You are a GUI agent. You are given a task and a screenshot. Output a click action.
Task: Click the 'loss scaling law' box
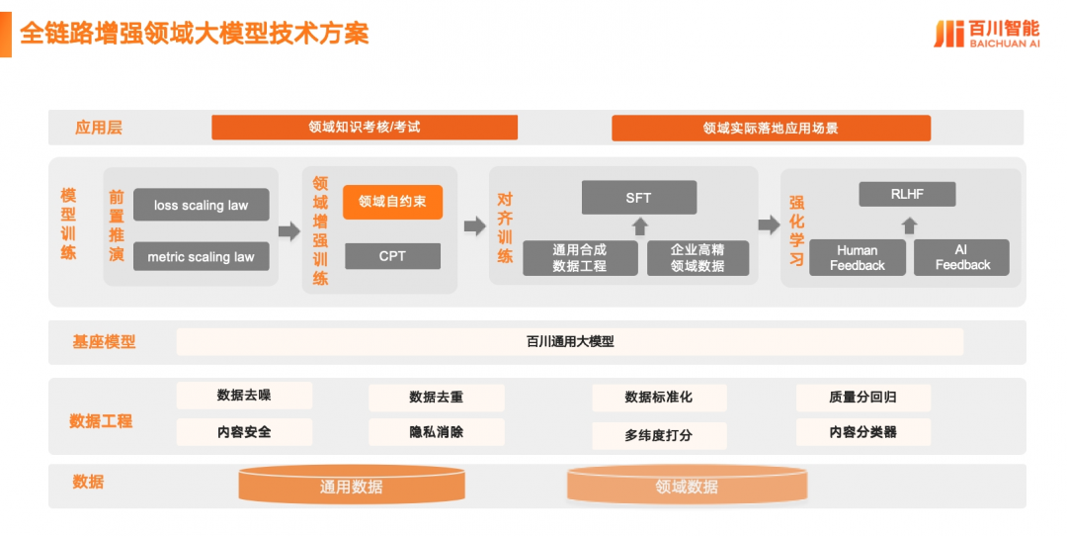[x=201, y=205]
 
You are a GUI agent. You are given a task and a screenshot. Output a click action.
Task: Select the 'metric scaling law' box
[x=201, y=256]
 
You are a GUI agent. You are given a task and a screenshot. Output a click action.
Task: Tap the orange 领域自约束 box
[x=392, y=202]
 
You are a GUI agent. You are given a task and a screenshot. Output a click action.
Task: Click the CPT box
[x=392, y=256]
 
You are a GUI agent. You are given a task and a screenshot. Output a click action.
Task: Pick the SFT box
[x=638, y=198]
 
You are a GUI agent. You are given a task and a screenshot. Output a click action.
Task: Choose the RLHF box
[x=907, y=195]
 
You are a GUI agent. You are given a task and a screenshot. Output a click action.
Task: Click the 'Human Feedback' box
[x=857, y=257]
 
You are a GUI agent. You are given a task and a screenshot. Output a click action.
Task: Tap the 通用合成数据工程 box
[x=579, y=258]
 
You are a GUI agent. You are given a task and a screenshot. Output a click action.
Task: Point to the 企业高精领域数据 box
[x=698, y=258]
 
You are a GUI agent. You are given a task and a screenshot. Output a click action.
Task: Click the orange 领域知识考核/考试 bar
[x=365, y=127]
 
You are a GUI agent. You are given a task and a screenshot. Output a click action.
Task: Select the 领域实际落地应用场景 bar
[x=771, y=128]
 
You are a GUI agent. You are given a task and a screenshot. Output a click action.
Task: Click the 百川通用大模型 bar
[x=570, y=341]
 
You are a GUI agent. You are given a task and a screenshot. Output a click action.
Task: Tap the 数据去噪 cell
[x=244, y=396]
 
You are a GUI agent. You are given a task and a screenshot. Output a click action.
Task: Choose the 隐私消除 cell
[x=436, y=431]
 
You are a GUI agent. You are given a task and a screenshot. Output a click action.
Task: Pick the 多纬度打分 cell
[x=659, y=435]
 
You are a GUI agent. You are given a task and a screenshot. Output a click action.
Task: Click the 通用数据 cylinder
[x=352, y=485]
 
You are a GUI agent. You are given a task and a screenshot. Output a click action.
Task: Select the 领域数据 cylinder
[x=687, y=485]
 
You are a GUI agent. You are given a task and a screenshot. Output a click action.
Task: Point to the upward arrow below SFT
[x=639, y=226]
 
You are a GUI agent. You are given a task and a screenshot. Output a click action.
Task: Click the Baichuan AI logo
[x=986, y=33]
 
